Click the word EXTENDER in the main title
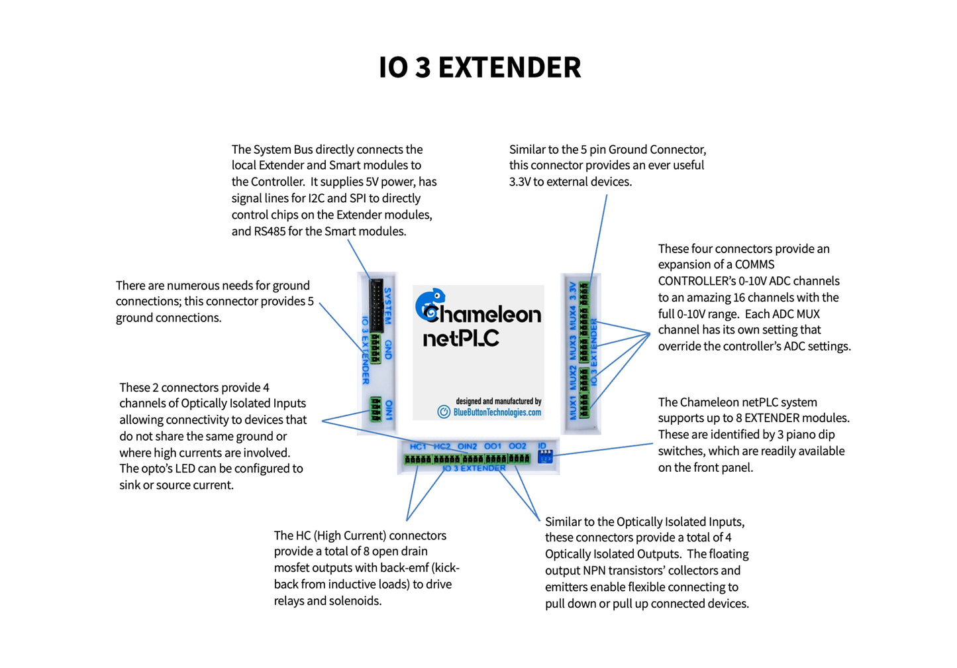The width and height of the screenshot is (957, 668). [509, 68]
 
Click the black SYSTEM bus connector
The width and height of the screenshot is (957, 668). [376, 306]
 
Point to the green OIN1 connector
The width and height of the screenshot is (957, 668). [376, 410]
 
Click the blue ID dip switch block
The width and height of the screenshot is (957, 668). [545, 457]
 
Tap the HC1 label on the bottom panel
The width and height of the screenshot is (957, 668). [418, 447]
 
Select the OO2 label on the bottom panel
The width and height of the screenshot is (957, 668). [517, 447]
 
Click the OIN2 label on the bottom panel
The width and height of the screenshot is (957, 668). [467, 447]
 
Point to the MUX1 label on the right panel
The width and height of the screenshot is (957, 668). [574, 407]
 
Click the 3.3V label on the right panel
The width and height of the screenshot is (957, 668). [574, 290]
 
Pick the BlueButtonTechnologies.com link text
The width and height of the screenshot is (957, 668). [497, 412]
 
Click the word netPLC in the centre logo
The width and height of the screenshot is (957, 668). [461, 339]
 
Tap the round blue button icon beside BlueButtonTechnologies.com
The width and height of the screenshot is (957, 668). [444, 412]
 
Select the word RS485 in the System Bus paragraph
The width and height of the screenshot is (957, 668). [270, 231]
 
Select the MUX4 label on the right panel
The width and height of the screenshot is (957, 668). [574, 317]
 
